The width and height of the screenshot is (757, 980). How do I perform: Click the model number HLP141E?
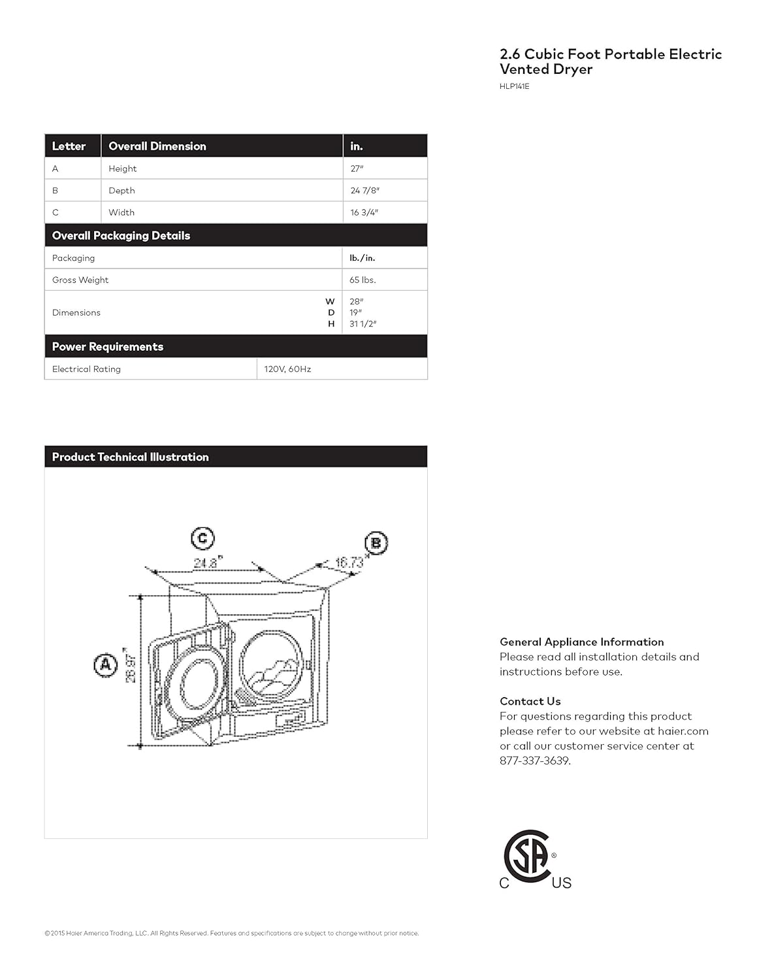click(514, 86)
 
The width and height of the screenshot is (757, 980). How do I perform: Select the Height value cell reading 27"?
click(357, 169)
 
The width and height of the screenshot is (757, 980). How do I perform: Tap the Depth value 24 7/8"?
click(364, 191)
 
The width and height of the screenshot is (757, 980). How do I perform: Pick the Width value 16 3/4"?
click(364, 212)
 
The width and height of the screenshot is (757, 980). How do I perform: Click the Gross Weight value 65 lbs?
click(362, 280)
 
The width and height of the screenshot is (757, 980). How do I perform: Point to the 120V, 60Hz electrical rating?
click(287, 369)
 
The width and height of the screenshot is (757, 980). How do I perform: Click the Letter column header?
click(69, 146)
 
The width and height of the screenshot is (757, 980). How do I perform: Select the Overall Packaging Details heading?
click(121, 236)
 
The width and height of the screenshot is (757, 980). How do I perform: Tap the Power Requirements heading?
click(108, 347)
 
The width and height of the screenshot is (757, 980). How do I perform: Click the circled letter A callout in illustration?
click(105, 665)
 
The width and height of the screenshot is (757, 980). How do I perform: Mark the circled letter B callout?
click(376, 543)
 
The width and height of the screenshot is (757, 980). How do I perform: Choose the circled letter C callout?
click(202, 538)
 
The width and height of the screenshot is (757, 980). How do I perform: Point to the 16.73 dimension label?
click(349, 562)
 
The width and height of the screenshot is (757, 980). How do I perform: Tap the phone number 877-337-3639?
click(535, 760)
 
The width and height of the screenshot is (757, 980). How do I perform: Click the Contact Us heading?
click(530, 701)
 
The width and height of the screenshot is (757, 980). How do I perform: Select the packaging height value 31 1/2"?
click(362, 324)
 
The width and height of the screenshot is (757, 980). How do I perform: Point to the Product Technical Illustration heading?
click(130, 457)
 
